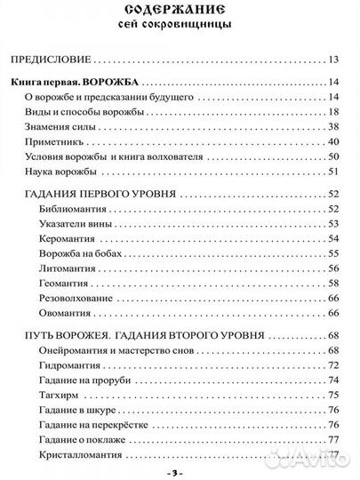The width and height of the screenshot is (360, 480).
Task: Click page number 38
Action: click(x=334, y=126)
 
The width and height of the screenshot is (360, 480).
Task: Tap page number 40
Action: click(x=334, y=141)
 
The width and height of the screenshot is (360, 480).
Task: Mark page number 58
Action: click(x=334, y=283)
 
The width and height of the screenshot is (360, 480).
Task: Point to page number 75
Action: click(x=334, y=396)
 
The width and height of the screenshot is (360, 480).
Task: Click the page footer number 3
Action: click(x=180, y=473)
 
